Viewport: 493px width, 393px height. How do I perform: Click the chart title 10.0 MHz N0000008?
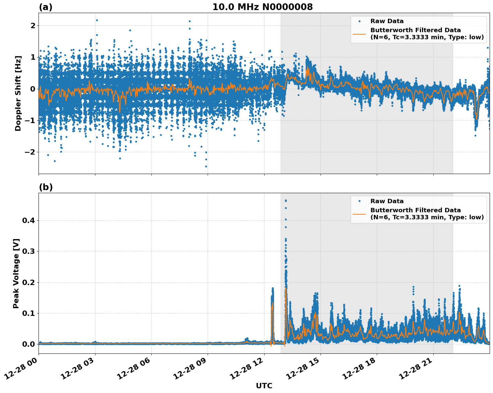click(x=262, y=7)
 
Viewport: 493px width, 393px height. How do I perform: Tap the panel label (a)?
click(x=46, y=7)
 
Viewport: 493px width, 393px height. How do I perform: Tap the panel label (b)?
click(x=46, y=187)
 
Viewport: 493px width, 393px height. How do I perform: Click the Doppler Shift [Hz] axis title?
click(x=18, y=93)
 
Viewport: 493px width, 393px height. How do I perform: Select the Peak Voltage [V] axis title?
click(x=16, y=273)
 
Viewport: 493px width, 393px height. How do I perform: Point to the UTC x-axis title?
click(x=264, y=386)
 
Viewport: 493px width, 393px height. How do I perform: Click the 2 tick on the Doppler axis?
click(x=33, y=26)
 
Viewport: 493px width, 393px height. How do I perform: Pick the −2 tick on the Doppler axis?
click(x=30, y=152)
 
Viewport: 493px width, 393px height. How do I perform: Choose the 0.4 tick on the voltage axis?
click(x=29, y=221)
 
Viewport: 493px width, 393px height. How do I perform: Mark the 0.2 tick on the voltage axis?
click(x=29, y=282)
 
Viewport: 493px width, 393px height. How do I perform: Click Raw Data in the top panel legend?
click(x=387, y=21)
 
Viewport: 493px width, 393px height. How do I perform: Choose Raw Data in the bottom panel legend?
click(x=387, y=201)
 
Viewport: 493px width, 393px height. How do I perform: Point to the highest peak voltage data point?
click(x=286, y=201)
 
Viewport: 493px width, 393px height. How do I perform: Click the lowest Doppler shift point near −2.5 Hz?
click(x=206, y=166)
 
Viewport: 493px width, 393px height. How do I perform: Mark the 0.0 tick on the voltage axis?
click(x=29, y=344)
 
